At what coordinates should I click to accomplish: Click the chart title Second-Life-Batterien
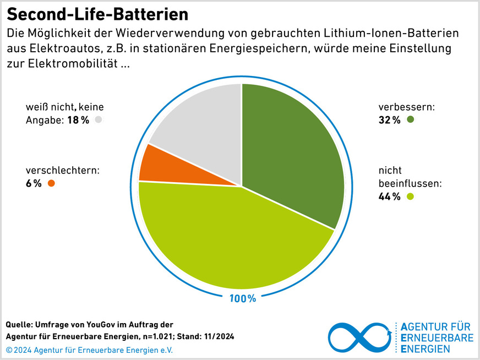97,13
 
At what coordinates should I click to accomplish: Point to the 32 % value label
389,120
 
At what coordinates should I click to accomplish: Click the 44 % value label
389,197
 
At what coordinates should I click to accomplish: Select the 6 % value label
34,184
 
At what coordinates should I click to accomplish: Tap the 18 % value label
78,120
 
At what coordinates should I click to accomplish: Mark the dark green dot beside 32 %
410,119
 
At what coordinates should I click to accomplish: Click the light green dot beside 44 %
410,197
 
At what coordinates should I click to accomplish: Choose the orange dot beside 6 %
52,184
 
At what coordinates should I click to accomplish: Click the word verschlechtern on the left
54,171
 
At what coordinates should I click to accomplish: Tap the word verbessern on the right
406,107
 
